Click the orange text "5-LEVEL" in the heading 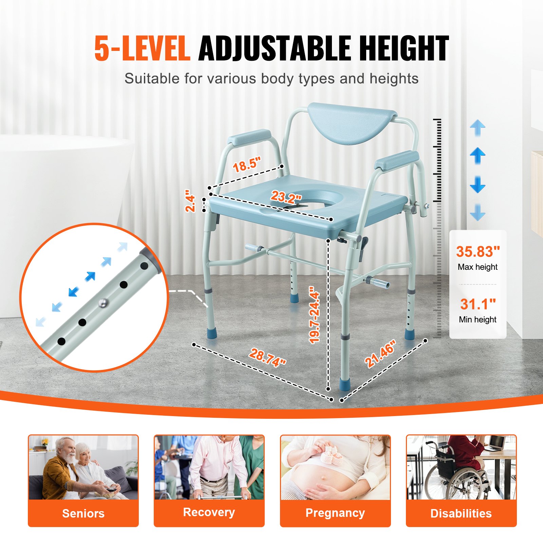(142, 49)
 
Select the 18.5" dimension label (247, 165)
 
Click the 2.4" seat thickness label (190, 203)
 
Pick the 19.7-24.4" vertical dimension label (315, 315)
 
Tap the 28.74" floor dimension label (267, 358)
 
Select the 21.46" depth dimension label (380, 354)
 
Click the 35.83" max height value (478, 251)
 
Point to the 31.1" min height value (478, 304)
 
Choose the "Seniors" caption (83, 513)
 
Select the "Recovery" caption (209, 512)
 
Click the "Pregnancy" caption (335, 513)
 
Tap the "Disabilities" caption (461, 513)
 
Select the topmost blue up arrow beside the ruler (478, 128)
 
